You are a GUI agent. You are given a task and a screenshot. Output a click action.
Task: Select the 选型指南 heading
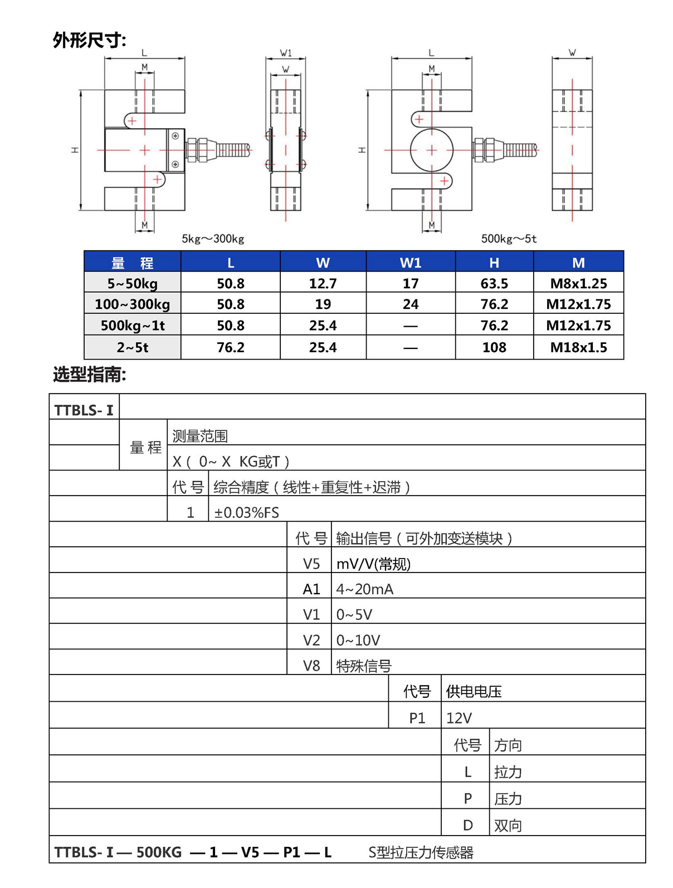tap(89, 375)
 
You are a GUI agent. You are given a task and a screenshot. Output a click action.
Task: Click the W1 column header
tap(411, 263)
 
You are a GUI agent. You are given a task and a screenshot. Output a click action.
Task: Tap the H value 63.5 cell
tap(494, 283)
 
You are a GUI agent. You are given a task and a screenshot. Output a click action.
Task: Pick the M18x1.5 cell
tap(578, 347)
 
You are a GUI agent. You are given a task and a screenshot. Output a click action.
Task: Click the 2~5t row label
tap(133, 347)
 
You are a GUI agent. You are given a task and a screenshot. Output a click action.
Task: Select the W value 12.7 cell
tap(323, 283)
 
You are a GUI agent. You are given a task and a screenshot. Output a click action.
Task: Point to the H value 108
tap(494, 347)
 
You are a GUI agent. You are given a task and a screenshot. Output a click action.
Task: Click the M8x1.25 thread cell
tap(578, 283)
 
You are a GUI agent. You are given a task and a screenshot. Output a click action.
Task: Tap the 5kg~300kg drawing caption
tap(213, 239)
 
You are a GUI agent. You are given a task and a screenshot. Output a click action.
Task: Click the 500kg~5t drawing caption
tap(509, 239)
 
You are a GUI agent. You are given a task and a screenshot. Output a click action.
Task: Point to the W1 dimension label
tap(286, 53)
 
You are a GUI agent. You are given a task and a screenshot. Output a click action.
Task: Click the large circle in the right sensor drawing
tap(431, 150)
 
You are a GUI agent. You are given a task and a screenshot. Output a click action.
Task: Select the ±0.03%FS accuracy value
tap(246, 512)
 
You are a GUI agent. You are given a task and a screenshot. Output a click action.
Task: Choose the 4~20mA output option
tap(365, 589)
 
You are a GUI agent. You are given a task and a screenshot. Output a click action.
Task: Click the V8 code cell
tap(311, 666)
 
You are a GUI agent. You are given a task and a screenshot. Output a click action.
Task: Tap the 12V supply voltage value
tap(459, 718)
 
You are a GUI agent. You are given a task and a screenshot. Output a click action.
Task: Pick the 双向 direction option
tap(508, 826)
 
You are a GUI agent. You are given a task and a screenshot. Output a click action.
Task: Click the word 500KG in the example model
tap(159, 852)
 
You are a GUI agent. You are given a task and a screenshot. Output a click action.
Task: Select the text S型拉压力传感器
tap(421, 852)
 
